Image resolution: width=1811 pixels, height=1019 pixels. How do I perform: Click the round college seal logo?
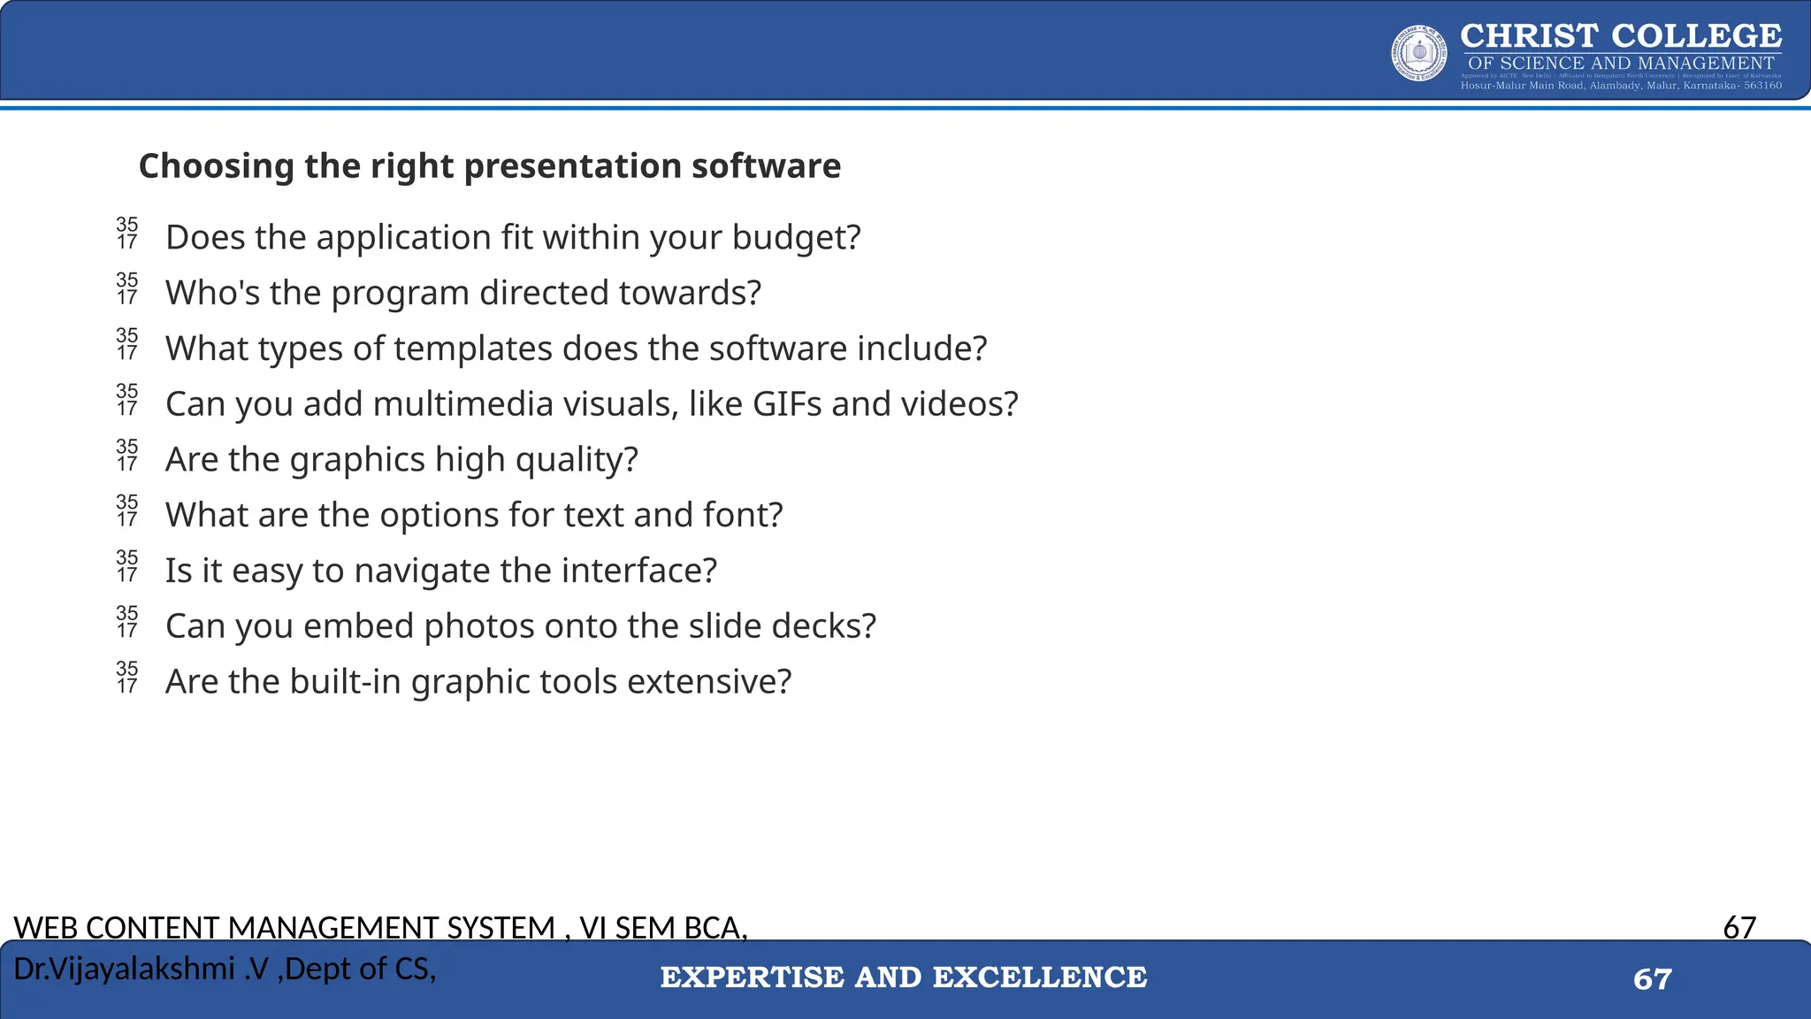pos(1418,53)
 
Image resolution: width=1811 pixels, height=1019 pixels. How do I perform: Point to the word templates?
pos(473,349)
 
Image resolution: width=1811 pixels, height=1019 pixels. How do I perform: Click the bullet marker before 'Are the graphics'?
pos(127,456)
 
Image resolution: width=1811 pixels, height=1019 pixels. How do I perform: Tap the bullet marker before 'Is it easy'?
pos(127,566)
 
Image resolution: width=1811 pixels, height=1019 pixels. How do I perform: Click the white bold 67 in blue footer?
pos(1652,979)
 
